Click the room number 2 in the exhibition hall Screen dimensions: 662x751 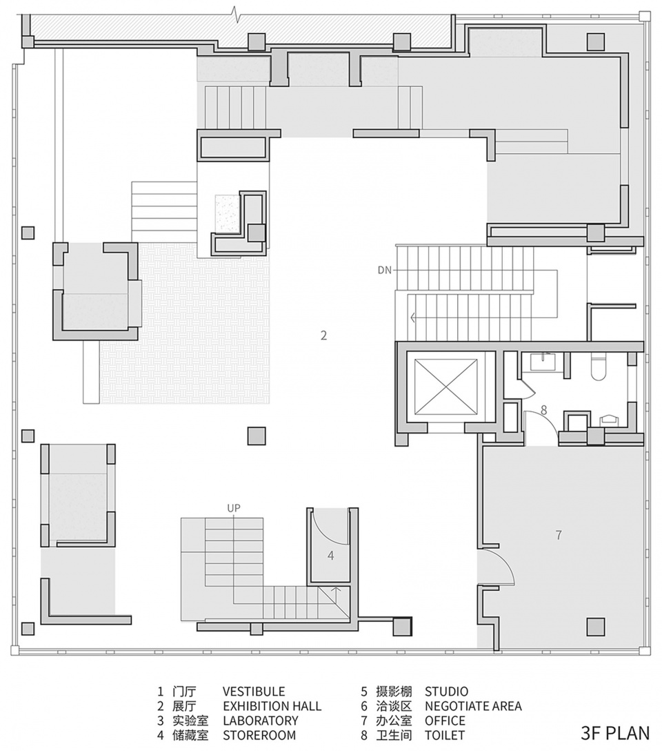point(324,335)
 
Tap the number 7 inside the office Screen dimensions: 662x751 point(559,534)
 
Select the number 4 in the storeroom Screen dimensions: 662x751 point(331,556)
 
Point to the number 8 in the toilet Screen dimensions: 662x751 point(544,410)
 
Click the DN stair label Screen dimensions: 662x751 point(385,270)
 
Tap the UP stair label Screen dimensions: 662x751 point(234,508)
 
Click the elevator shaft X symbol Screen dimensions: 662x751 point(445,386)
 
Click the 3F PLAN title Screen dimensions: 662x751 point(616,733)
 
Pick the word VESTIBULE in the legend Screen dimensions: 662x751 point(254,692)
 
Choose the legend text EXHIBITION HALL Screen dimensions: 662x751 point(272,706)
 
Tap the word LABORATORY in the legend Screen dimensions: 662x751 point(261,721)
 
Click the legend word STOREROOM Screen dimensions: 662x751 point(259,734)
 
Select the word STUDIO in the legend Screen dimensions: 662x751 point(446,692)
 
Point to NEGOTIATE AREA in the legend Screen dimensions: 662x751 point(473,706)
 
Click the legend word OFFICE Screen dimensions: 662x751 point(445,721)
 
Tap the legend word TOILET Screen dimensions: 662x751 point(444,734)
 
